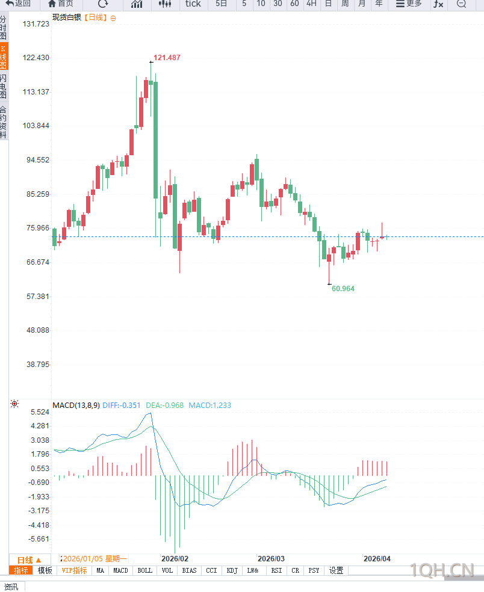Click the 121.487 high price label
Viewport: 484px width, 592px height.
[167, 58]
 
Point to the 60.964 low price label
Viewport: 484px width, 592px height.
[343, 289]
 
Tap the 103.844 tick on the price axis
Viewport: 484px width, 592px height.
[36, 126]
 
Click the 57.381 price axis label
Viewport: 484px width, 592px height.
[36, 297]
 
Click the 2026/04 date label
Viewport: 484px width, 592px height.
[377, 558]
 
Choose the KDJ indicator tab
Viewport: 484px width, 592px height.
[232, 570]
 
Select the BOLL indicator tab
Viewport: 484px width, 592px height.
[144, 570]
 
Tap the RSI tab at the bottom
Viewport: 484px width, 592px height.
[276, 570]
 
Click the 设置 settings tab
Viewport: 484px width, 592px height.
[336, 570]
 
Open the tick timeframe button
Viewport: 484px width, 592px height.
[193, 4]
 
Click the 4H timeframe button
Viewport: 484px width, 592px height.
[311, 4]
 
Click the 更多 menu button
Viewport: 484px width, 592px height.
[409, 4]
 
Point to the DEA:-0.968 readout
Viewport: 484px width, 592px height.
[164, 405]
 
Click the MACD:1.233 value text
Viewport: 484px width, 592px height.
[209, 405]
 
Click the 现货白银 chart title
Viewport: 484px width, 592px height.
[66, 17]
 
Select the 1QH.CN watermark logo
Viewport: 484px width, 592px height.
[442, 570]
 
